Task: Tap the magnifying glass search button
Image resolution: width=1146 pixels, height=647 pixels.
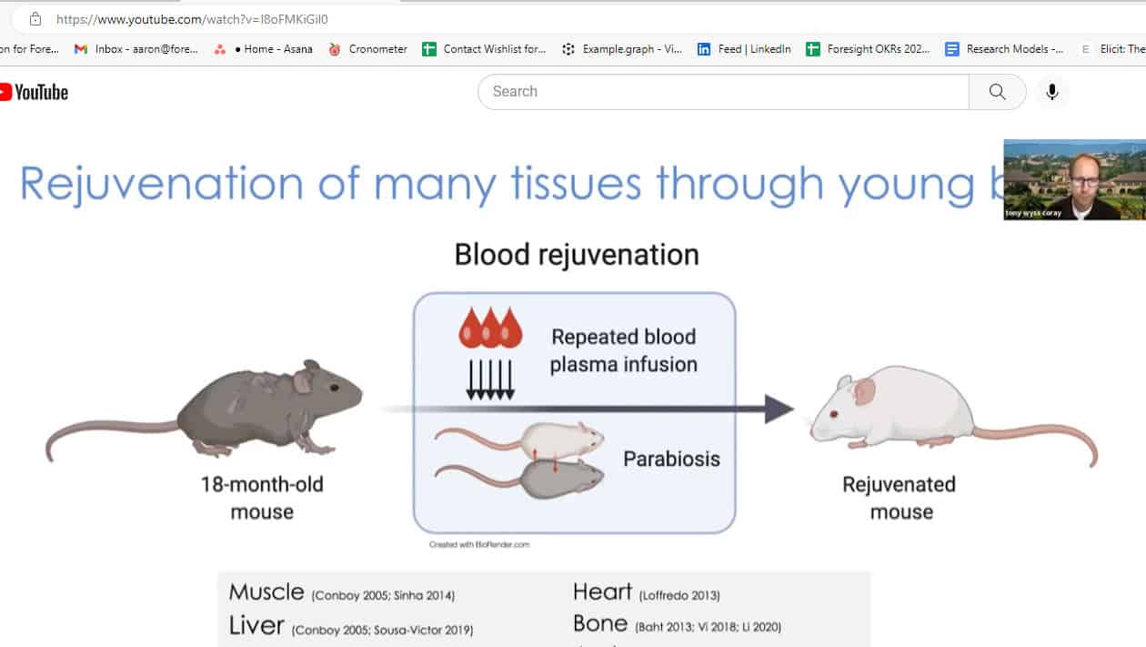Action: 997,92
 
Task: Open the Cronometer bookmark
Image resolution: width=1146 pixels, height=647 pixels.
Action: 367,49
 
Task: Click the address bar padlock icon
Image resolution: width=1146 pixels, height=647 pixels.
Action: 35,19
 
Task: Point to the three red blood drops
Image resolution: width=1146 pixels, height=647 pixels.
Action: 490,329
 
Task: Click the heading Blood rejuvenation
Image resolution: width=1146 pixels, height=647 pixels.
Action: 577,255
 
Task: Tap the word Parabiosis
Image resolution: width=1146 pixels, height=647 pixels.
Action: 671,459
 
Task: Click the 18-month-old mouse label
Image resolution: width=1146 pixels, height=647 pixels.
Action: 261,497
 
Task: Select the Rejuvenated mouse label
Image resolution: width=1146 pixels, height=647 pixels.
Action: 900,497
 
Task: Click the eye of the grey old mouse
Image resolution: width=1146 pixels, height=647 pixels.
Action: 333,387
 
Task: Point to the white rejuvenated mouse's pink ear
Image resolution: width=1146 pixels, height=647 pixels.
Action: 864,391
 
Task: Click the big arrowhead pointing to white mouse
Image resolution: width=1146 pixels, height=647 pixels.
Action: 779,409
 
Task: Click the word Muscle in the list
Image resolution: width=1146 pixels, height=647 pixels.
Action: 266,592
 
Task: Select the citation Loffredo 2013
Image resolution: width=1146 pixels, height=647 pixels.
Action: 679,596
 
